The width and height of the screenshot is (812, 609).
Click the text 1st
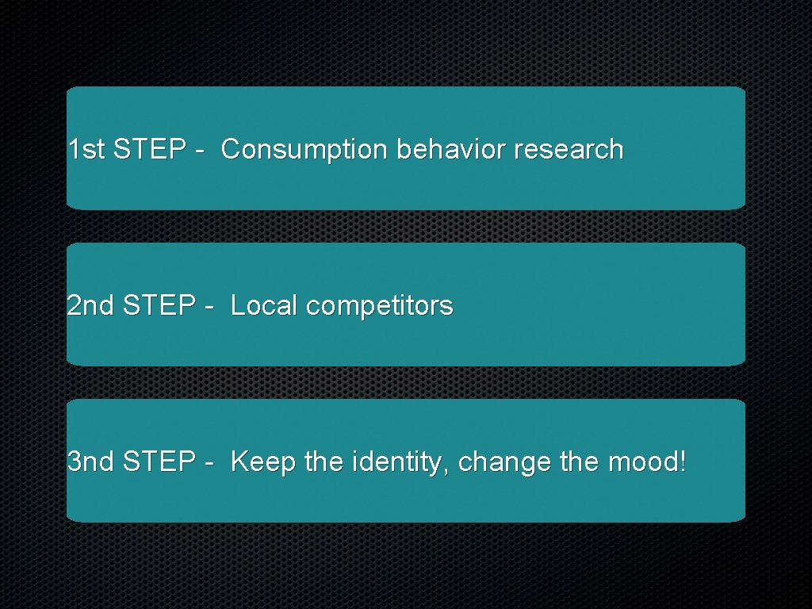point(86,149)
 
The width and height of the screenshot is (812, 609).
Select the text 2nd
point(91,305)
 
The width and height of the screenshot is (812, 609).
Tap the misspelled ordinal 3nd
point(91,462)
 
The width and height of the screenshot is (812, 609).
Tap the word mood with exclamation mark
point(647,462)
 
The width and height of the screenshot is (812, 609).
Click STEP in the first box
point(149,149)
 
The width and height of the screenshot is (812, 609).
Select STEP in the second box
point(159,305)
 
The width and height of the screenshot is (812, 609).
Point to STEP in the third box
point(159,462)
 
